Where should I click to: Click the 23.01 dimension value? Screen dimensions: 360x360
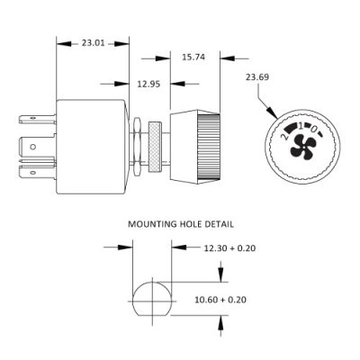coord(94,43)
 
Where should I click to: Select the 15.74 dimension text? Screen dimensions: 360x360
coord(193,57)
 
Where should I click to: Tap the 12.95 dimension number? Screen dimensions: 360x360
coord(148,84)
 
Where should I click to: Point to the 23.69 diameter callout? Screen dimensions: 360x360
coord(257,77)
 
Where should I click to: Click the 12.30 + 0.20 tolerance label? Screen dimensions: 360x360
coord(229,248)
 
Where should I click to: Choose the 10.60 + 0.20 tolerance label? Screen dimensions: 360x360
coord(220,300)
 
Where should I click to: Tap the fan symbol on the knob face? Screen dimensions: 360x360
coord(302,146)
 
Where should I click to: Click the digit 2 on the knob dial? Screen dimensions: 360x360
coord(283,137)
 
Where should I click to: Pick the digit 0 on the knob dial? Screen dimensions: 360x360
coord(313,129)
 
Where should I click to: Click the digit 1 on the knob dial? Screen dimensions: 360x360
coord(300,126)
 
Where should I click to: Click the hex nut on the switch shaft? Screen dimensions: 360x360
coord(137,147)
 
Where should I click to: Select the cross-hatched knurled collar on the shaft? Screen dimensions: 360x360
coord(155,147)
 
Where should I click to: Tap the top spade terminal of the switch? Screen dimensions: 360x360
coord(37,119)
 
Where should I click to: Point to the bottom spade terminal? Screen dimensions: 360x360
coord(37,173)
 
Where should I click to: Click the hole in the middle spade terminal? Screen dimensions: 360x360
coord(33,147)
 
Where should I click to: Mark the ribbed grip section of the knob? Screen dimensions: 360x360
coord(209,147)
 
